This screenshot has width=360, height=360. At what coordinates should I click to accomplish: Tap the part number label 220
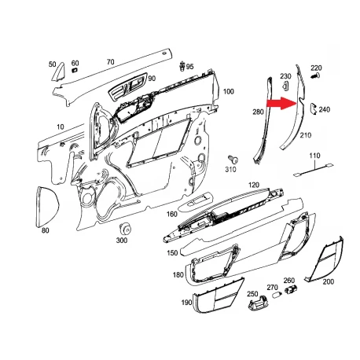316,68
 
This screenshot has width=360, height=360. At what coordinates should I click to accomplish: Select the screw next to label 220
316,76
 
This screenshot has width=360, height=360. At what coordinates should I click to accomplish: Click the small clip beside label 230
285,86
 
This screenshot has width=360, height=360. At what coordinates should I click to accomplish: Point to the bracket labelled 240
313,108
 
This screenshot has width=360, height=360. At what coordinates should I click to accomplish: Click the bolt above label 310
233,160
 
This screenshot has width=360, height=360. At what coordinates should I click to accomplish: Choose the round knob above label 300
125,229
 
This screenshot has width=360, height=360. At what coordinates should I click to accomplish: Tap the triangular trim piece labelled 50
58,72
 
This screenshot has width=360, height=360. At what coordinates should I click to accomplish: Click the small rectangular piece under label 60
75,70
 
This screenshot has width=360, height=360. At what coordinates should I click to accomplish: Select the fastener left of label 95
182,66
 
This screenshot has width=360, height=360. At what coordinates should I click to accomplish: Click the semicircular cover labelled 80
46,207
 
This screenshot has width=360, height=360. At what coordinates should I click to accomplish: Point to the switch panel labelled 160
196,201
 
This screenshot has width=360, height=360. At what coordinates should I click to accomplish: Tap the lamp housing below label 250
258,304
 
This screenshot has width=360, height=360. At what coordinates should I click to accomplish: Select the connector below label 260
290,289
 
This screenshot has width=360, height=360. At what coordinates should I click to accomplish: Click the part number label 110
314,156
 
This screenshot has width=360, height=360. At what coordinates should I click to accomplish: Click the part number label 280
258,112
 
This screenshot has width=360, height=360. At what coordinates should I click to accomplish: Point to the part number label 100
229,91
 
